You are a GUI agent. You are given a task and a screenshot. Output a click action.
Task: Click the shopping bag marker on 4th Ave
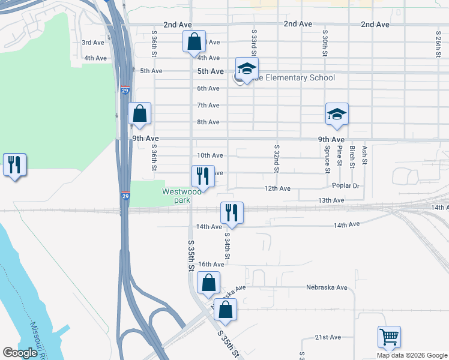[194, 43]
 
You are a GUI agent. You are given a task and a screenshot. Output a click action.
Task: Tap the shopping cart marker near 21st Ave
[389, 337]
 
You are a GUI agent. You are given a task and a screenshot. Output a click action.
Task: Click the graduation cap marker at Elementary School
[247, 70]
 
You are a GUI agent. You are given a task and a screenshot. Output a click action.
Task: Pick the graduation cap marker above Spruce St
[337, 114]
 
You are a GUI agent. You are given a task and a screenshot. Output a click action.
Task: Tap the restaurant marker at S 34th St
[231, 213]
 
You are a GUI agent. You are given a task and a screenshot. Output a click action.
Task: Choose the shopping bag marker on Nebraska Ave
[225, 310]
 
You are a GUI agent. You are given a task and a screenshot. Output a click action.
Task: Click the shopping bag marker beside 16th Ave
[208, 283]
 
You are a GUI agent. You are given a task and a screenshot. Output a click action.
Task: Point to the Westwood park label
[181, 196]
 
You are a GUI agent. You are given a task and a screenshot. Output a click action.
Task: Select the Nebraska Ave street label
[327, 287]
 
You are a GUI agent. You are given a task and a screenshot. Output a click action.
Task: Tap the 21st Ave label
[328, 337]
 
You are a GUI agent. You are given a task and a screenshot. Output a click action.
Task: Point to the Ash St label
[364, 155]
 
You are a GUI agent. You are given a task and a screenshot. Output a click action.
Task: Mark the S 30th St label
[325, 43]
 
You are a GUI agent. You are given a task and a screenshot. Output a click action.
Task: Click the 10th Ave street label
[210, 155]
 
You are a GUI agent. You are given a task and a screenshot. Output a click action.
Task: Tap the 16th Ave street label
[211, 264]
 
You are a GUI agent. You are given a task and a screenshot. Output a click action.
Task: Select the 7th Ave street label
[209, 105]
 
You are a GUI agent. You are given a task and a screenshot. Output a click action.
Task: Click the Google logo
[20, 353]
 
